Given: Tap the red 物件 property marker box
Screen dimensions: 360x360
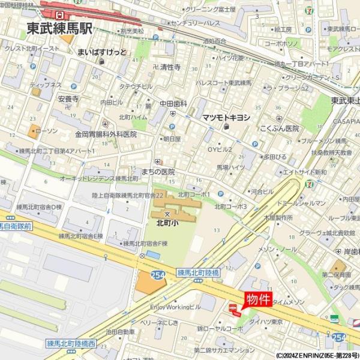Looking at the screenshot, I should pos(258,299).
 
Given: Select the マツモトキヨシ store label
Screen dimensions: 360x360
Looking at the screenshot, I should pos(226,117).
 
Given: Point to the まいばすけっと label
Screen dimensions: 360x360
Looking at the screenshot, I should pos(102,52).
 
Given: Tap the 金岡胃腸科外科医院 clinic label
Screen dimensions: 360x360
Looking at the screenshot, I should pos(106,134).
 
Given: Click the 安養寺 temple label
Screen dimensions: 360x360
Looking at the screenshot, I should pos(68,98).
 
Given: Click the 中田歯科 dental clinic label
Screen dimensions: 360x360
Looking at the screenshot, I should pos(173,104).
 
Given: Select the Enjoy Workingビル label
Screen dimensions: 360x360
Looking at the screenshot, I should pos(175,307).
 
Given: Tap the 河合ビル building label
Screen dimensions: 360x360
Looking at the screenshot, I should pos(262,191).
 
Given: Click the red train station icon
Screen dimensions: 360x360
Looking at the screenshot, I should pos(59,13).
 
